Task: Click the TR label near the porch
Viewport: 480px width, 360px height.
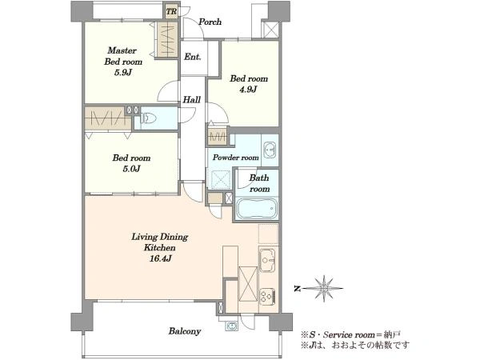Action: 171,12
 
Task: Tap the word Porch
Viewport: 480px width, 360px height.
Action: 210,22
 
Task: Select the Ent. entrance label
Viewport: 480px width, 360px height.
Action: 193,57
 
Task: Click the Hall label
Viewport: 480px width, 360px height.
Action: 192,99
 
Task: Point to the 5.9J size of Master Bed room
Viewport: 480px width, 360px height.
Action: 123,73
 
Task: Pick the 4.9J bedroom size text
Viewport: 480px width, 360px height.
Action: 248,90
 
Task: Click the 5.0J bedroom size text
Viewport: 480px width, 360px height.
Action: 131,169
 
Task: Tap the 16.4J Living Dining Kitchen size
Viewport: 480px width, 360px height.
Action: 160,258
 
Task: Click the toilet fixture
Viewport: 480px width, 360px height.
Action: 148,118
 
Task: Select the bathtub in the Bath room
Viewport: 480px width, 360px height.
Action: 257,209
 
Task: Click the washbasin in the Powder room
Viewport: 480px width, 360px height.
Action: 270,150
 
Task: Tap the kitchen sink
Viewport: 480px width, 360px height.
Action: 267,260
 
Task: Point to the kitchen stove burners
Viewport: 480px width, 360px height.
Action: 268,297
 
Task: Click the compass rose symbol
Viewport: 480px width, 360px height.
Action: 324,288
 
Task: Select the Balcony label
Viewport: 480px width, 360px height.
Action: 185,331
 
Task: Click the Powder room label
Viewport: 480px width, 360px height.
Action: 236,158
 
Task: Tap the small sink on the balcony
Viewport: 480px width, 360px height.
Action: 231,326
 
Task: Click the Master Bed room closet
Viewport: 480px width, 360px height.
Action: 167,40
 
